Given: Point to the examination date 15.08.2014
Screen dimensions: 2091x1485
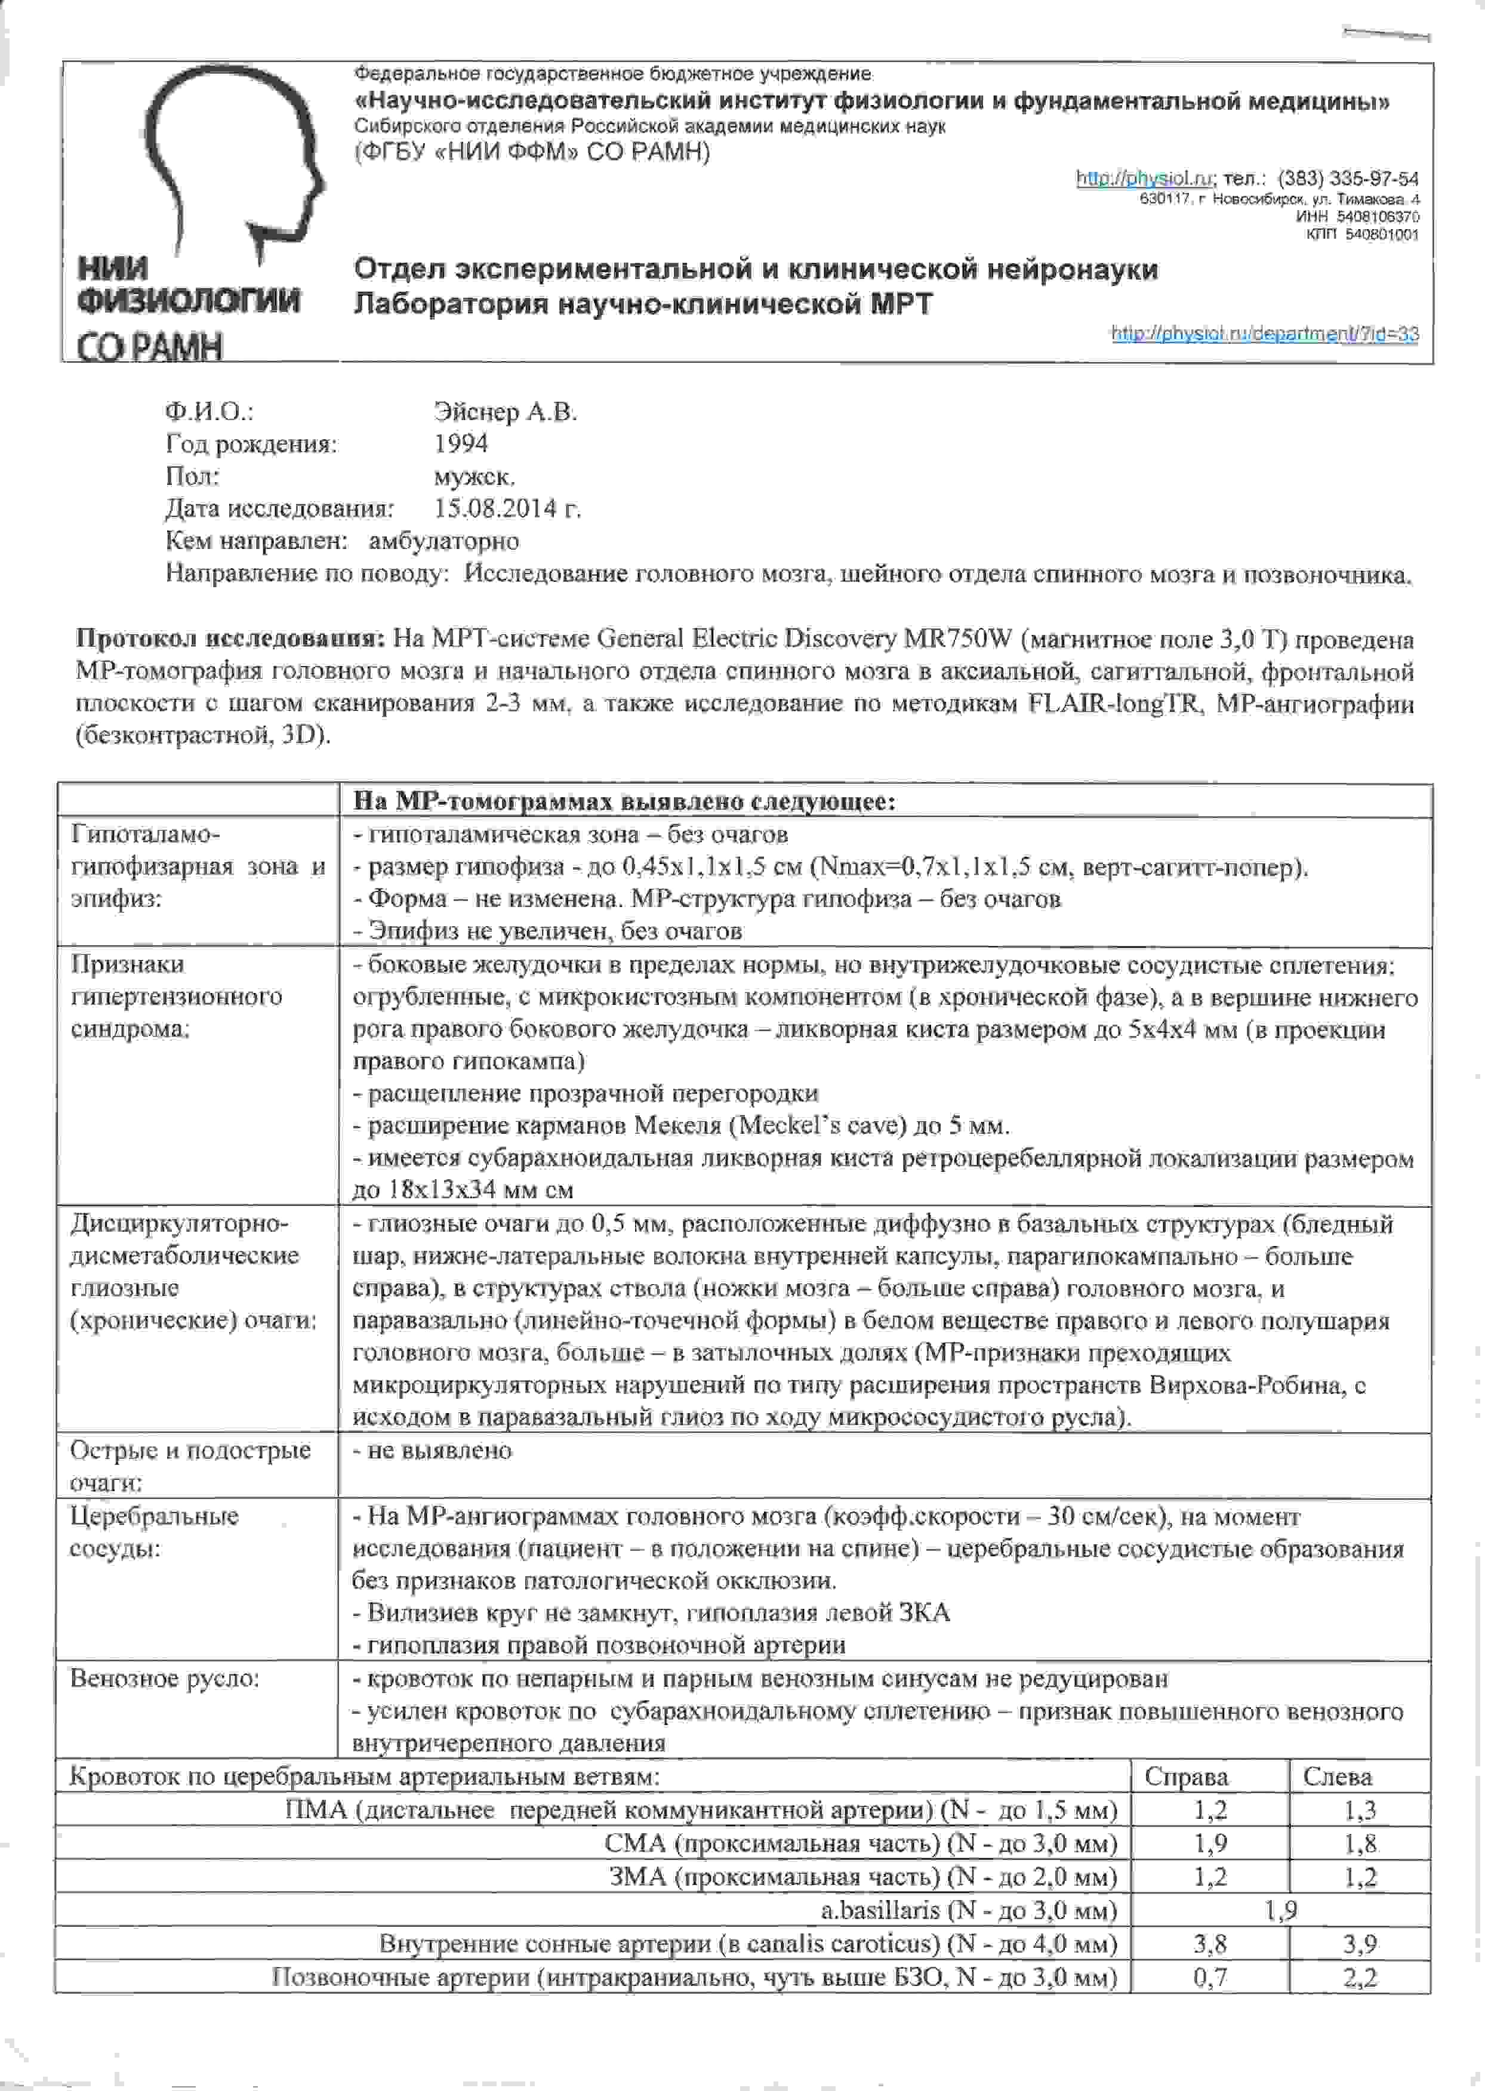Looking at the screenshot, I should click(x=507, y=508).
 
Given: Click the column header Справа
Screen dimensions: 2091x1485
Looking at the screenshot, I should click(x=1186, y=1777).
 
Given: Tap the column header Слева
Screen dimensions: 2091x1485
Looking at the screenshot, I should click(x=1337, y=1777).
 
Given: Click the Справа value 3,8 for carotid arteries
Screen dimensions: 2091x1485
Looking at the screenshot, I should click(x=1210, y=1944).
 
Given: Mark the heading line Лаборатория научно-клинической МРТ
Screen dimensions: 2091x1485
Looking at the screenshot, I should click(x=643, y=304).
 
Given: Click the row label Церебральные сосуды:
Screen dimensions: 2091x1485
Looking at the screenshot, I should click(x=153, y=1531).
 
